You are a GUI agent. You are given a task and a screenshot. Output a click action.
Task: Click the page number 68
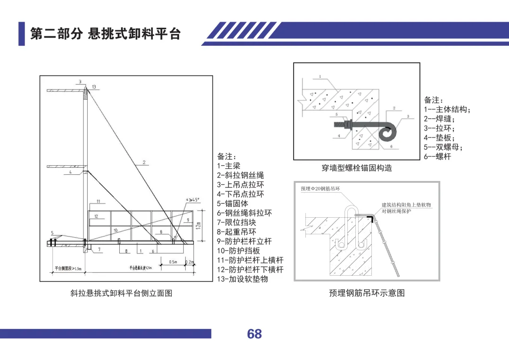[254, 334]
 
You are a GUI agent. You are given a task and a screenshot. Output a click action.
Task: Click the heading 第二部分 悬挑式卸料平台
[105, 34]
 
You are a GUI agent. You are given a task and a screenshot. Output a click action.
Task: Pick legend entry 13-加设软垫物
[242, 279]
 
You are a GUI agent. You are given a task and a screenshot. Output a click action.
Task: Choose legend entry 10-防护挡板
[238, 251]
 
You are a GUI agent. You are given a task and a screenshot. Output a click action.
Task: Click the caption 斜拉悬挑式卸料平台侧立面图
[121, 293]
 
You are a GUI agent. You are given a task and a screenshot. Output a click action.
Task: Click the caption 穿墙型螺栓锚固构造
[357, 168]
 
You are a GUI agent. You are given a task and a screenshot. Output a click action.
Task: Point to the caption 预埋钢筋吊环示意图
[367, 293]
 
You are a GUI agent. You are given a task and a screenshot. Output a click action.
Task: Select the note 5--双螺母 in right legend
[443, 147]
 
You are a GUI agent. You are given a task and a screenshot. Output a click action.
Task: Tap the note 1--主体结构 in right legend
[447, 109]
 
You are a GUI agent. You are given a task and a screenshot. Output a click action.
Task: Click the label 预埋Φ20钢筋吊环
[320, 188]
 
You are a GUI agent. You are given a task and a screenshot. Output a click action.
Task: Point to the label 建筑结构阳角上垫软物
[406, 205]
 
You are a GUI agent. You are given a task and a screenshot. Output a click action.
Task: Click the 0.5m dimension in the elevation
[173, 262]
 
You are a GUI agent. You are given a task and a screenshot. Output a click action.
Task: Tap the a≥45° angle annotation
[193, 200]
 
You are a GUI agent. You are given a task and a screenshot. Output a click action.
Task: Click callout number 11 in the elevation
[98, 202]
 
